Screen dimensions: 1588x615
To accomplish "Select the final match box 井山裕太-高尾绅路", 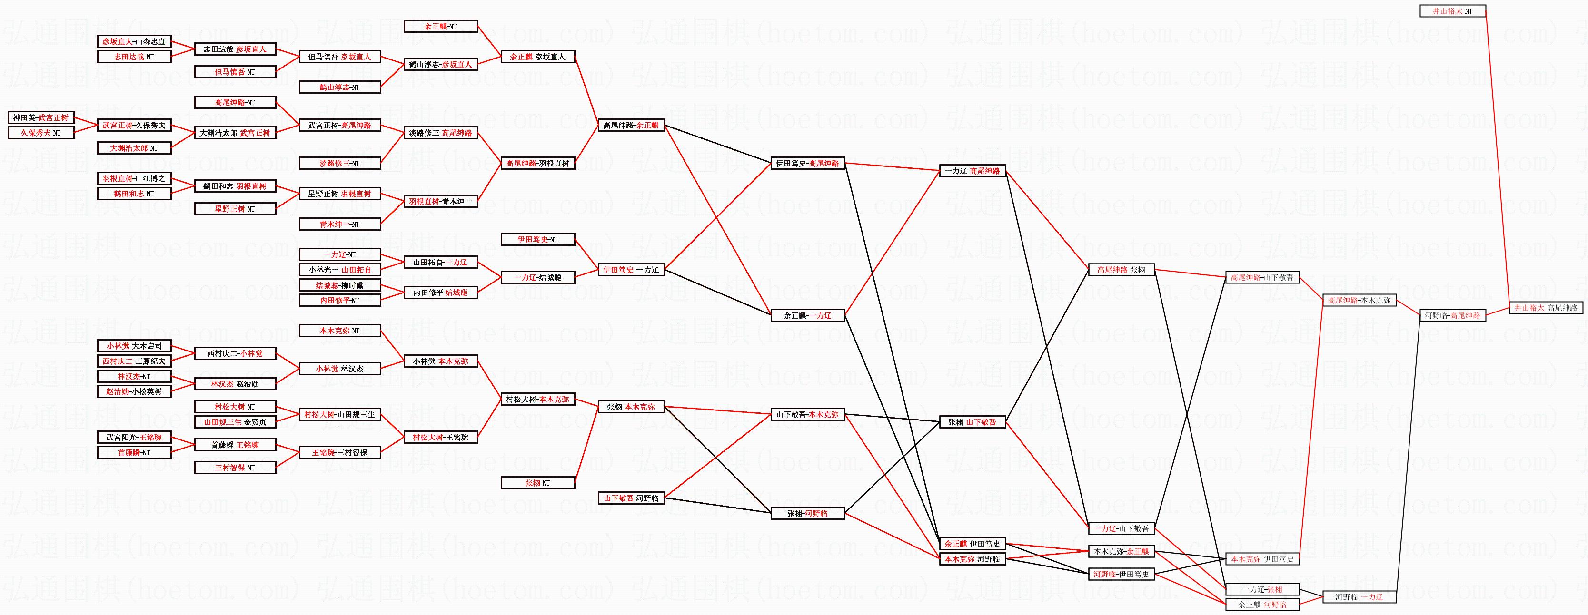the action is tap(1546, 307).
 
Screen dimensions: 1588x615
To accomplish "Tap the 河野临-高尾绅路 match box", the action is tap(1452, 315).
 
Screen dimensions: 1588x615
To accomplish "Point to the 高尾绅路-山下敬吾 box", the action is tap(1262, 278).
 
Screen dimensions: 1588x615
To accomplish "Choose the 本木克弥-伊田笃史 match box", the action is tap(1262, 559).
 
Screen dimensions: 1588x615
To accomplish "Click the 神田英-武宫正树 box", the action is tap(40, 117).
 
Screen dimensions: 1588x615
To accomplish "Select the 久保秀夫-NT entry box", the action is tap(40, 133).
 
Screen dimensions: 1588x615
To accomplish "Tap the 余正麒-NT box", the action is tap(440, 27).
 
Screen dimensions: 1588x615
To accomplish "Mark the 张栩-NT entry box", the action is tap(537, 483).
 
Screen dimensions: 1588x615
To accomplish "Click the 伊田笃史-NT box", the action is tap(537, 239).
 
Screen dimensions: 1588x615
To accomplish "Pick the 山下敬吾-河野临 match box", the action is tap(631, 498).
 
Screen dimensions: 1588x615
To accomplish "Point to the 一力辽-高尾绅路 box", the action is tap(972, 171).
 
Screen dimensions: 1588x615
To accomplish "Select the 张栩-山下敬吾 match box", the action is tap(972, 422).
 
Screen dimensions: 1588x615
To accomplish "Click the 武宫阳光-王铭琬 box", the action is tap(134, 437).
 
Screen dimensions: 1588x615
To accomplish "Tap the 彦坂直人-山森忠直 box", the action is tap(134, 41).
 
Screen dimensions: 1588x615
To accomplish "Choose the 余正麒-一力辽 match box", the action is tap(807, 315).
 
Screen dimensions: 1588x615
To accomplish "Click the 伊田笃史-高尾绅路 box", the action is tap(807, 163).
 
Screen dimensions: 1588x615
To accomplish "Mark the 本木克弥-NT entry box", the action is tap(339, 331).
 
